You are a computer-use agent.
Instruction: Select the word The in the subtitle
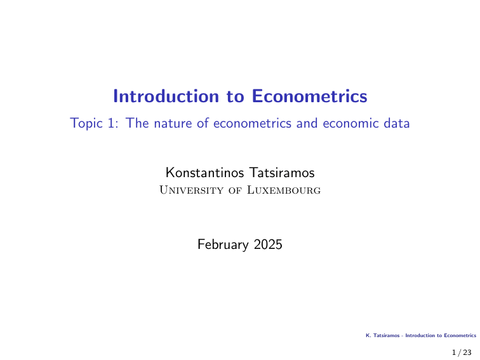coord(137,124)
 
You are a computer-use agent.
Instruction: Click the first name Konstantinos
coord(203,172)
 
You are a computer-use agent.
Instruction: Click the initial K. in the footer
coord(368,336)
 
